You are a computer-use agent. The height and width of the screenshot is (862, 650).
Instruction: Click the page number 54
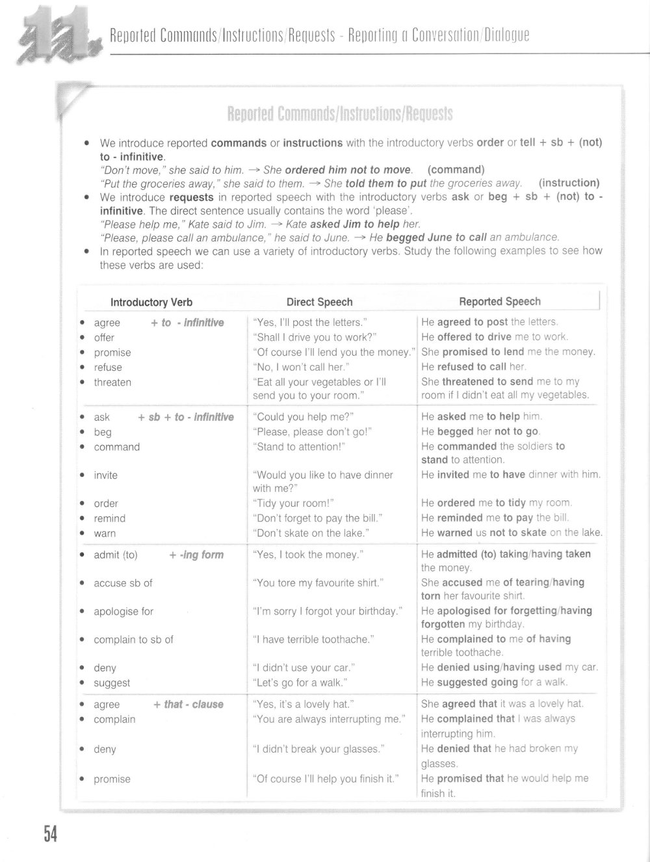51,833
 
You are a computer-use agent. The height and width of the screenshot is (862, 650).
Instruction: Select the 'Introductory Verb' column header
151,302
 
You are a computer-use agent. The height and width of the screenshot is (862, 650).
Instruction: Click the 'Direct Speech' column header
319,302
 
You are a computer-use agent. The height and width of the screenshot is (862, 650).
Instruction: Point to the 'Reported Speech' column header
499,301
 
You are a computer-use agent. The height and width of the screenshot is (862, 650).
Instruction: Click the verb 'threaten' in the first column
112,383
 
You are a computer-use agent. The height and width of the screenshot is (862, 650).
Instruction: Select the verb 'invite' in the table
105,476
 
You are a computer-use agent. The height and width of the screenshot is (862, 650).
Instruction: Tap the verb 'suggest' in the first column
112,683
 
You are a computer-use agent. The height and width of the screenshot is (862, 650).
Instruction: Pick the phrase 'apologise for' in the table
123,612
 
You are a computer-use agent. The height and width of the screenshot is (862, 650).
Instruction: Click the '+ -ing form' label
196,555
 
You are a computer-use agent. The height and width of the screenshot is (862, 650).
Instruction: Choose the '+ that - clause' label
188,705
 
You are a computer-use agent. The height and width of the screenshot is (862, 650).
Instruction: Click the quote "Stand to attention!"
298,447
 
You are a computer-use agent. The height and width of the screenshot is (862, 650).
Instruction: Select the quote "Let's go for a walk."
300,683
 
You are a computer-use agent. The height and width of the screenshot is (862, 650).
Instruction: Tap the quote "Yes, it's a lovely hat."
303,705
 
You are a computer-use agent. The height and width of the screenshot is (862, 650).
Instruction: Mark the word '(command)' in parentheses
456,170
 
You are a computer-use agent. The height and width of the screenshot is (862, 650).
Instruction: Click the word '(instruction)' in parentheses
569,183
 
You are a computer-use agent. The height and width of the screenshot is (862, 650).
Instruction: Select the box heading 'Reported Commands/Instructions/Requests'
340,114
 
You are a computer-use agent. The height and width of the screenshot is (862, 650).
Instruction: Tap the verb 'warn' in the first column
105,533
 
